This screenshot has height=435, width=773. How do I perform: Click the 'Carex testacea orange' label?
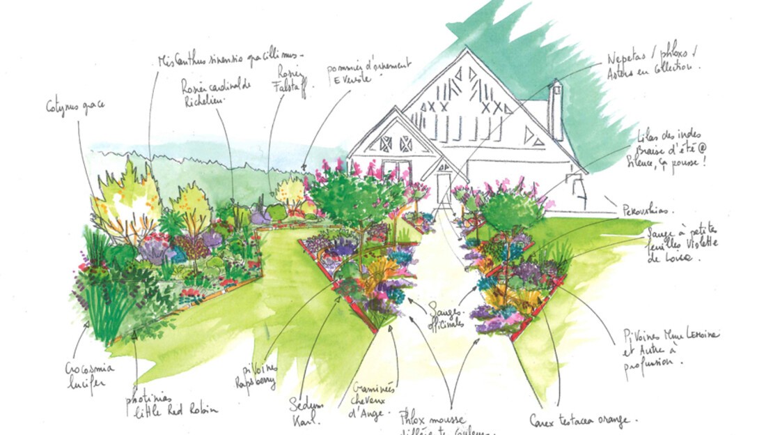tap(589, 420)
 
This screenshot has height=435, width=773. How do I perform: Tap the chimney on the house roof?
tap(555, 108)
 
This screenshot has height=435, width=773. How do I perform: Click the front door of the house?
tap(443, 188)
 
